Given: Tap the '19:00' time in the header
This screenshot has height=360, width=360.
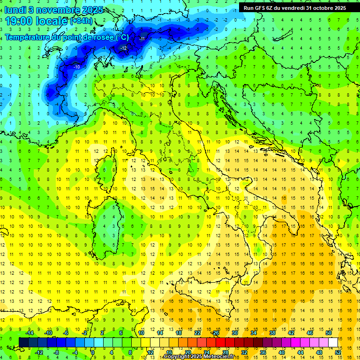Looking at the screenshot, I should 19,21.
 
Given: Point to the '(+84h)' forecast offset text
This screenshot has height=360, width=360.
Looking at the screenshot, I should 82,21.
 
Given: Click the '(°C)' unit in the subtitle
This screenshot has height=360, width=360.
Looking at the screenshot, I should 121,37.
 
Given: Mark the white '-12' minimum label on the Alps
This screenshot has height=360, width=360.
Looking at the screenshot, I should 124,48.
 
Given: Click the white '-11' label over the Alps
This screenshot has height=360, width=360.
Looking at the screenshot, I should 142,38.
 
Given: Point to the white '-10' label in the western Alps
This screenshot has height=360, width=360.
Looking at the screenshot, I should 76,67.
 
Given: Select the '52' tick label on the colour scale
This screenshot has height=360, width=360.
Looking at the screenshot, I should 338,352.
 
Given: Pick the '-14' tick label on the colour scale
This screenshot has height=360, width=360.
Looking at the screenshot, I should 30,332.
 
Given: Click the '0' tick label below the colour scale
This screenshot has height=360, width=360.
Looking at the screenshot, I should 93,352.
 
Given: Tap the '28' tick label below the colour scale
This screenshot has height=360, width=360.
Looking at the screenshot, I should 225,352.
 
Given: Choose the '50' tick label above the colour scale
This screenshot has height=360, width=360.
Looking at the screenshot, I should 329,332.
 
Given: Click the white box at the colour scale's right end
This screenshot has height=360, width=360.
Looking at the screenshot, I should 333,342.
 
